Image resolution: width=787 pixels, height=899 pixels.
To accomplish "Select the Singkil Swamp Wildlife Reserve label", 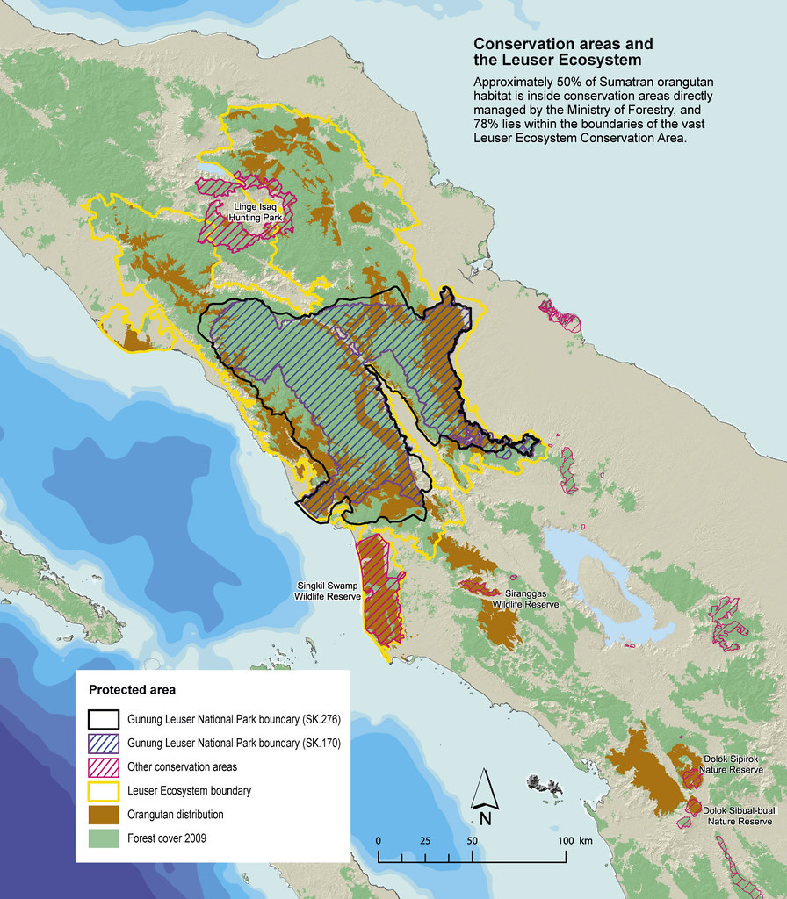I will (327, 591).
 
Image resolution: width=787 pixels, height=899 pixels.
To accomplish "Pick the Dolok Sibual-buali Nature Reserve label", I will (736, 816).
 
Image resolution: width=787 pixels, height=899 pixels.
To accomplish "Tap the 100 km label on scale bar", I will (574, 841).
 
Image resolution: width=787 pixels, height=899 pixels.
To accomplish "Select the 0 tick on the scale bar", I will (379, 841).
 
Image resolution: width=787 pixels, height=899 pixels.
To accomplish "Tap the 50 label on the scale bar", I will (473, 841).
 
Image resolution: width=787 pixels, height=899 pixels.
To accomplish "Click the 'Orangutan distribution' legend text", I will (175, 814).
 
